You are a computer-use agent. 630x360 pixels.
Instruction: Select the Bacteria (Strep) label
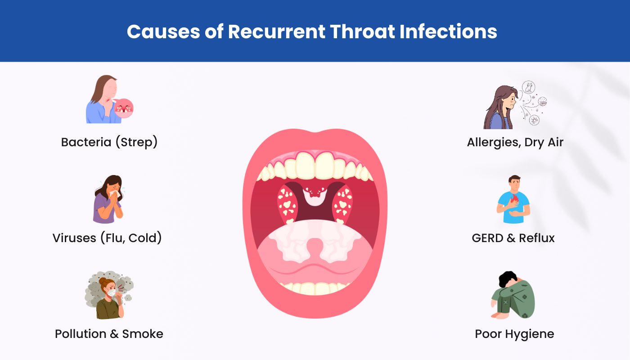tap(109, 142)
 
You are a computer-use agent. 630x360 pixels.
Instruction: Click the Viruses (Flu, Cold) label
tap(107, 238)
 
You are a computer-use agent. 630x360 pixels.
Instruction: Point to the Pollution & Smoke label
tap(109, 334)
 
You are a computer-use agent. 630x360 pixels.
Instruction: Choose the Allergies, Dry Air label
tap(515, 142)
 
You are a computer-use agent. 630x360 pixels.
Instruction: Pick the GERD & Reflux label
tap(513, 238)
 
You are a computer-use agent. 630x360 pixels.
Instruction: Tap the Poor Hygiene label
tap(514, 334)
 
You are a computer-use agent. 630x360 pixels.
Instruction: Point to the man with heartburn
tap(513, 200)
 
